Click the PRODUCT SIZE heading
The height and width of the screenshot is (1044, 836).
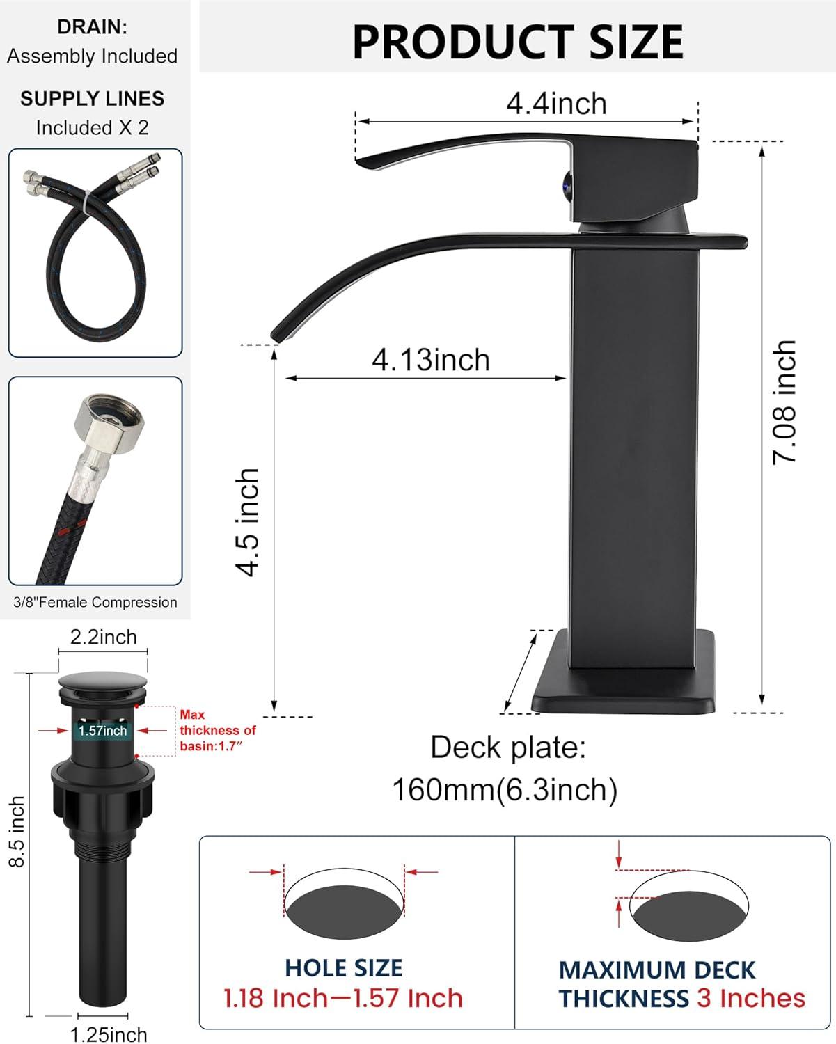(518, 42)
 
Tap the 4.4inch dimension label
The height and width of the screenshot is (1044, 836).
(556, 104)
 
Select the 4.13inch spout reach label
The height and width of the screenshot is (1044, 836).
(431, 360)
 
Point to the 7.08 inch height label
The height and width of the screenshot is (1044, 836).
(784, 402)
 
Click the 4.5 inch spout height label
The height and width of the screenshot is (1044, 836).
(248, 522)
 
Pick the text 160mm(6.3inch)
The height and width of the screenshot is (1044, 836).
(505, 789)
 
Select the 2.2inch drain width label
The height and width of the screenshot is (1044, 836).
(103, 637)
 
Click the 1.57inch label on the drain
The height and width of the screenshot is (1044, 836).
(102, 731)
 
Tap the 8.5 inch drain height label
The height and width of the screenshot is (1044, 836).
(17, 832)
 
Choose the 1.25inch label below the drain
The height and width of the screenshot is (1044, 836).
(109, 1034)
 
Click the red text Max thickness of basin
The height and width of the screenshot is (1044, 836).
(217, 730)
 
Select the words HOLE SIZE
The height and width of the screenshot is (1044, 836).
(343, 968)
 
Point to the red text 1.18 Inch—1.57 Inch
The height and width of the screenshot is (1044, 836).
(343, 998)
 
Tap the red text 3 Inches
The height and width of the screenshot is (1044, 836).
(751, 998)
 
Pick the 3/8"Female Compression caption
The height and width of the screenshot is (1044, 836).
(95, 603)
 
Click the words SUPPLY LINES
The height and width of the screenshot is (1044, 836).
(92, 99)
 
